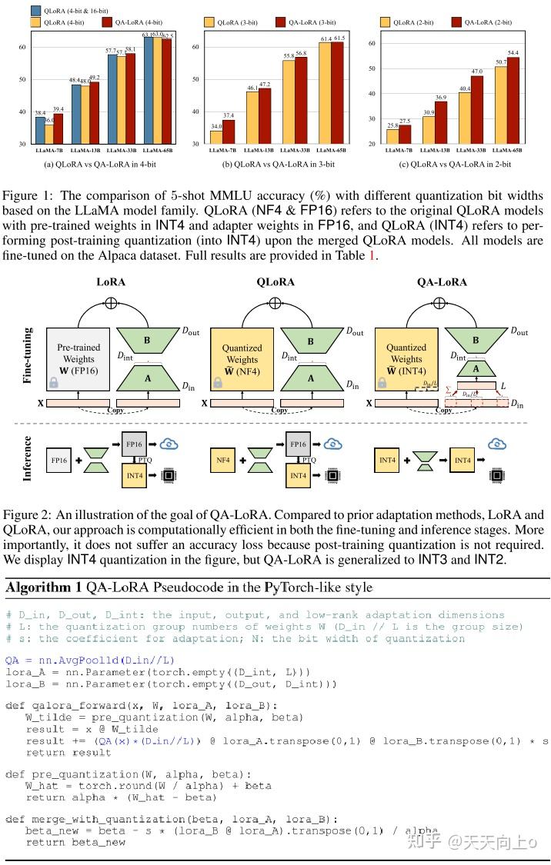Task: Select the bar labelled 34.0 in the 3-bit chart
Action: tap(216, 137)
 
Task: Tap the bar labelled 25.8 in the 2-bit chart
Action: tap(392, 136)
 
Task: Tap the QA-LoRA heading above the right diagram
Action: tap(442, 282)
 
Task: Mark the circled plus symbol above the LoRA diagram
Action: tap(111, 303)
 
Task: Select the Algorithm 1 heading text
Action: tap(189, 587)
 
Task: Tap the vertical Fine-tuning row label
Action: tap(28, 355)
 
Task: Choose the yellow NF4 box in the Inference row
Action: tap(222, 461)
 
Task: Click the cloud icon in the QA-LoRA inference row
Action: tap(497, 444)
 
